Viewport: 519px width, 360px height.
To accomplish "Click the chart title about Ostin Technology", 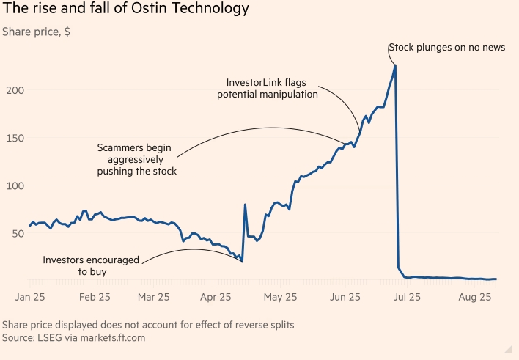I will coord(125,10).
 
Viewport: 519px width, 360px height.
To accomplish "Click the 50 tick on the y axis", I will coord(17,233).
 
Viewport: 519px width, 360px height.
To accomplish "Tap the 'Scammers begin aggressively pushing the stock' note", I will coord(137,159).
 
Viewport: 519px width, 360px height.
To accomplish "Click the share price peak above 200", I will coord(396,66).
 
